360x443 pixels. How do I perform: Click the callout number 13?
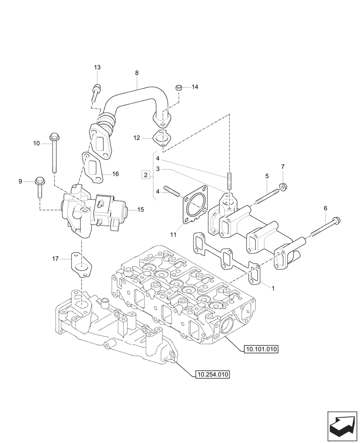click(97, 67)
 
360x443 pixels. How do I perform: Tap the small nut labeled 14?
click(179, 87)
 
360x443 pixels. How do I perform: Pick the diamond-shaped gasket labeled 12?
click(163, 138)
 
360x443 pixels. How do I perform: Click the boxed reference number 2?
click(145, 175)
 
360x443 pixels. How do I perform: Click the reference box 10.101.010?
click(261, 350)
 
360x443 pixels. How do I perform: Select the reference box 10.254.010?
click(212, 375)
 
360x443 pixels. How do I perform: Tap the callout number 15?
click(141, 209)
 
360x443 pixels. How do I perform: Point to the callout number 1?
click(274, 288)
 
